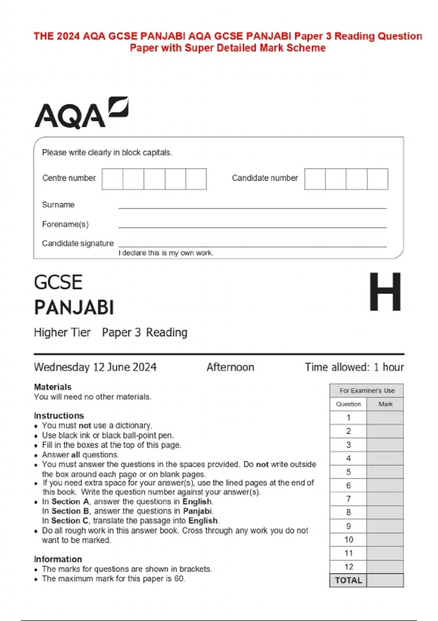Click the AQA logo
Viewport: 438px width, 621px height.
coord(81,113)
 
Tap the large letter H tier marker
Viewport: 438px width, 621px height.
coord(385,292)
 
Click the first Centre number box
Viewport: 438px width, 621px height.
coord(112,179)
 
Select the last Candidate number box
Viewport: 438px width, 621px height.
coord(377,179)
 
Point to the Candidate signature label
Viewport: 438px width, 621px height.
coord(78,243)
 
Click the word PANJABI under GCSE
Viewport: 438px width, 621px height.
coord(74,307)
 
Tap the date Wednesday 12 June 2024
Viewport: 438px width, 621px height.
coord(95,367)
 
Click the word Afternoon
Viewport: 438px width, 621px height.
coord(230,367)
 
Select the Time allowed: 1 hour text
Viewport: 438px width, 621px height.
coord(354,367)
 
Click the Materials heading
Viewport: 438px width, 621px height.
coord(53,387)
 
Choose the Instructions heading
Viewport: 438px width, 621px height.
coord(59,416)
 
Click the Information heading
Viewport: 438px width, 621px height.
coord(58,559)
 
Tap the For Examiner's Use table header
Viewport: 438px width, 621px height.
coord(367,390)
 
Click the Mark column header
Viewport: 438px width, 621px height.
coord(385,404)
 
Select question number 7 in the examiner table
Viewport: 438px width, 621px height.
coord(349,499)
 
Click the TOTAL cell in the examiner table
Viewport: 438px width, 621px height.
coord(349,580)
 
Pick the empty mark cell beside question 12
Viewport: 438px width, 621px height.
coord(385,567)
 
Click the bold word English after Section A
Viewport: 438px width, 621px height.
coord(197,502)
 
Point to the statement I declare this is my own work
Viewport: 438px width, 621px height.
coord(166,253)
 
